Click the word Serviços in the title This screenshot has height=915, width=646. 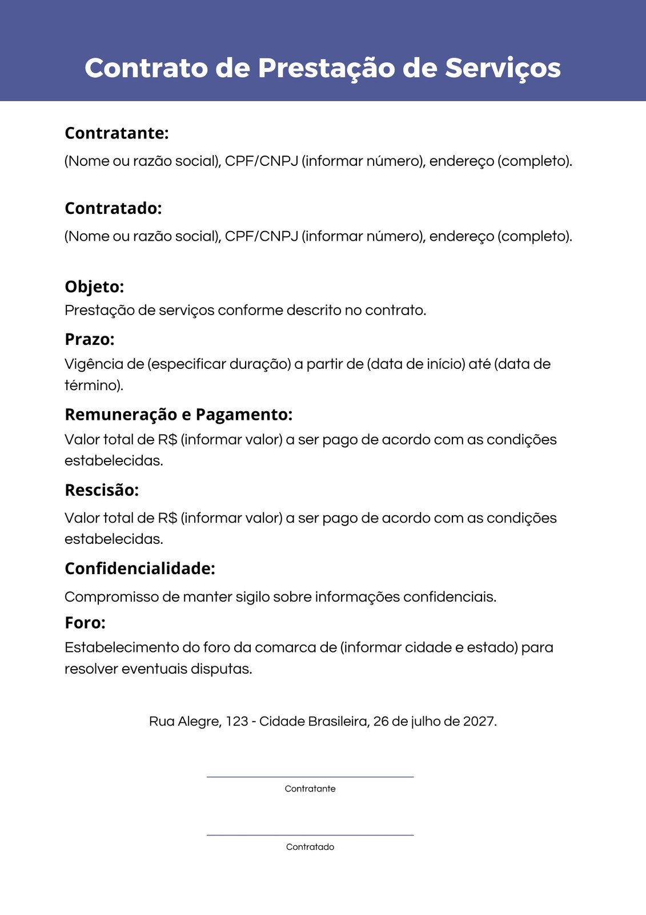pos(503,68)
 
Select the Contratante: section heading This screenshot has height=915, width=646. pos(117,133)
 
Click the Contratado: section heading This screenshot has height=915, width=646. pos(113,208)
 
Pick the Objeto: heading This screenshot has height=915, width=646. pos(94,287)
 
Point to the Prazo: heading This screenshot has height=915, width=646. pos(90,339)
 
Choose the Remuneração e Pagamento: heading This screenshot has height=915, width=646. pos(178,415)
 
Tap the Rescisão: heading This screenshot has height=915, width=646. pos(102,490)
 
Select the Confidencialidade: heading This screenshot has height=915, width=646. pos(140,568)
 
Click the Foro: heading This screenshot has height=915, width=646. pos(85,623)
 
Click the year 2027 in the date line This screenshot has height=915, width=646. pos(479,721)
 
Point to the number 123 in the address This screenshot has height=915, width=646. pos(236,721)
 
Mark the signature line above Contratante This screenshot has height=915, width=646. pos(310,777)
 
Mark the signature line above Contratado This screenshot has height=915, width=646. pos(310,836)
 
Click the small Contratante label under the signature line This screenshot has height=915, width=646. pos(310,789)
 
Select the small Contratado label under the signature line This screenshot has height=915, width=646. pos(310,847)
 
